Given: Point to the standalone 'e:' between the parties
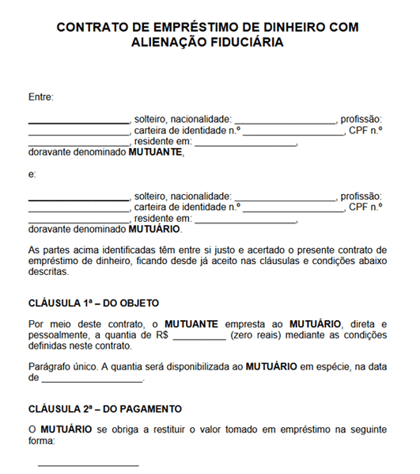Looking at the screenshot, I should [32, 174].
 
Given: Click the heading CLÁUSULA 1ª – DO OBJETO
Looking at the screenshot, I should [93, 302].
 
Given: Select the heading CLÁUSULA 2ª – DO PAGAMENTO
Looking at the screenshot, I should [104, 409].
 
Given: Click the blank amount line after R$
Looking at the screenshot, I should [199, 337].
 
